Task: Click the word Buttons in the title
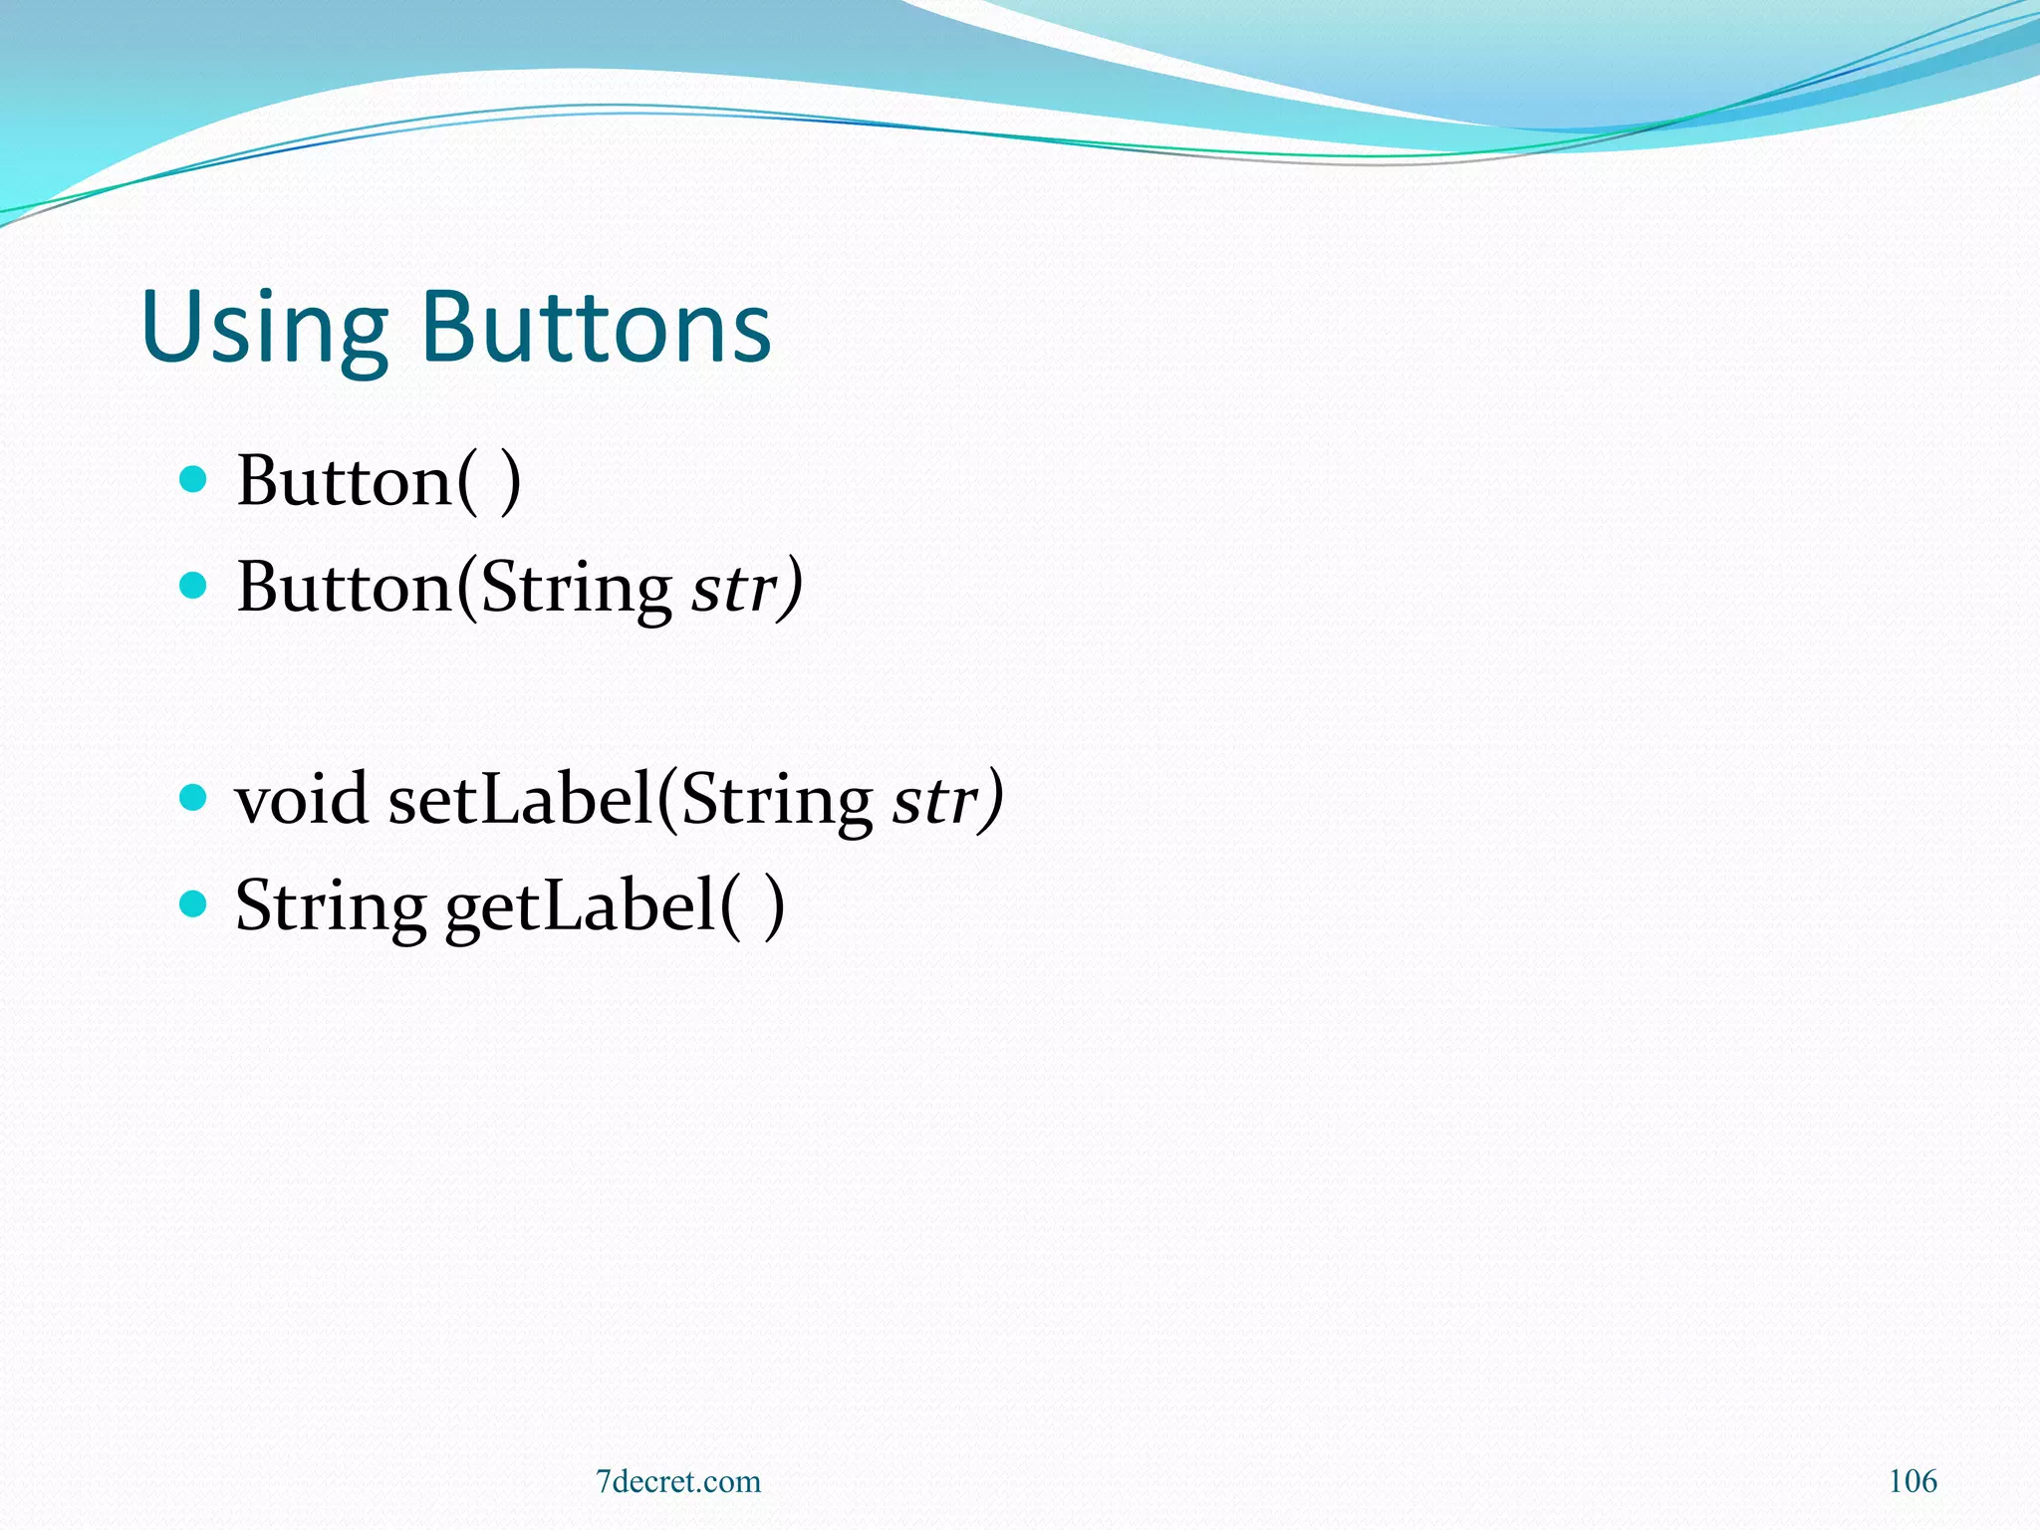pyautogui.click(x=596, y=326)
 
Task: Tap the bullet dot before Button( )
pyautogui.click(x=193, y=480)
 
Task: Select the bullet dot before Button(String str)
pyautogui.click(x=193, y=585)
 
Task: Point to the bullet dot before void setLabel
pyautogui.click(x=193, y=797)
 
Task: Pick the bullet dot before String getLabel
pyautogui.click(x=193, y=903)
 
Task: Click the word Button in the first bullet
pyautogui.click(x=345, y=481)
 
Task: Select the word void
pyautogui.click(x=301, y=799)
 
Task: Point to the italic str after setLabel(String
pyautogui.click(x=934, y=800)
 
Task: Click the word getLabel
pyautogui.click(x=580, y=905)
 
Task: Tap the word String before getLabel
pyautogui.click(x=331, y=907)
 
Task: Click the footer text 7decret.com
pyautogui.click(x=678, y=1481)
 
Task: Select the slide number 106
pyautogui.click(x=1912, y=1481)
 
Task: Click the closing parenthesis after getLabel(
pyautogui.click(x=773, y=906)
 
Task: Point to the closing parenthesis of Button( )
pyautogui.click(x=510, y=482)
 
